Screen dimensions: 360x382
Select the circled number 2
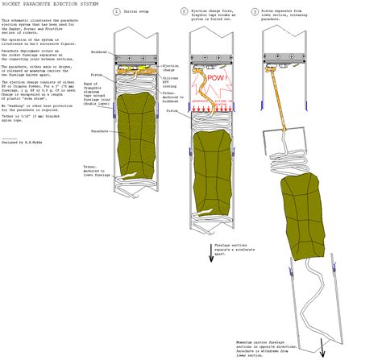tap(184, 12)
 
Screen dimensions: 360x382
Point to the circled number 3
tap(255, 12)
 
